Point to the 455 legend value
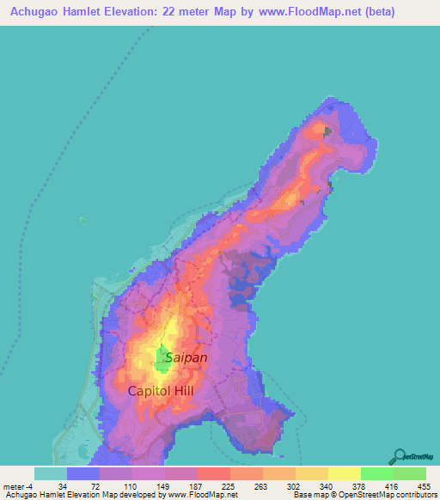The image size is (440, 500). [425, 485]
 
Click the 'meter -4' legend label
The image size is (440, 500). [18, 485]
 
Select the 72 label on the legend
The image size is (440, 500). [95, 485]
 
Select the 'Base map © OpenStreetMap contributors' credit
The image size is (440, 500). [365, 495]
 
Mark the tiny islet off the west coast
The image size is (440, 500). [82, 221]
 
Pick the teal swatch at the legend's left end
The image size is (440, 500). [51, 473]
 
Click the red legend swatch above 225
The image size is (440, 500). [214, 473]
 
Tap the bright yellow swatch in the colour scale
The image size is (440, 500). [345, 473]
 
